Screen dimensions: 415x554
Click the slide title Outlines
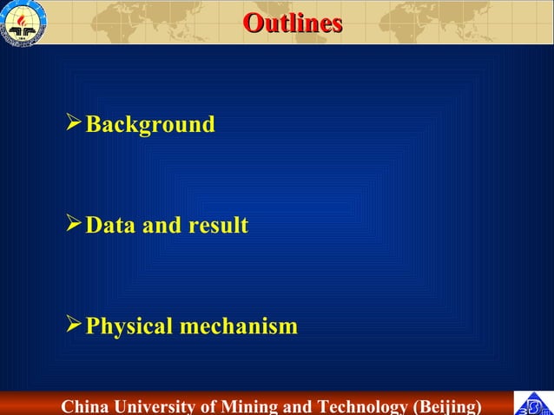click(292, 23)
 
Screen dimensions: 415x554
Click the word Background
click(150, 125)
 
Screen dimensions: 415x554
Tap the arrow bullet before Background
click(75, 124)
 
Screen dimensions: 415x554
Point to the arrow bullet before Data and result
click(75, 225)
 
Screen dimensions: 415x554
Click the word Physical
click(129, 327)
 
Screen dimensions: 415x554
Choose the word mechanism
click(239, 327)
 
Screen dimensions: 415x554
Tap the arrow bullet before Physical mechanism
click(75, 326)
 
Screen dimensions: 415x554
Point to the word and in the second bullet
click(162, 226)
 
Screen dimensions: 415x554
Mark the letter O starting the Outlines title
click(252, 23)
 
